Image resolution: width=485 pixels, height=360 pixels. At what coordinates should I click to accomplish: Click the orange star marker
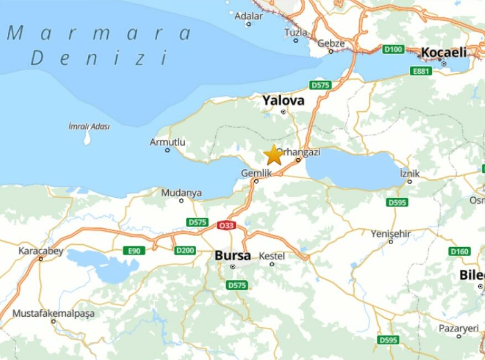[x=274, y=155]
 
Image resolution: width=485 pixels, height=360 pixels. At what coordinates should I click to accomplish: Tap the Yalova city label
[x=283, y=101]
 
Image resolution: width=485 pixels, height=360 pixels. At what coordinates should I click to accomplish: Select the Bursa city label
[x=233, y=256]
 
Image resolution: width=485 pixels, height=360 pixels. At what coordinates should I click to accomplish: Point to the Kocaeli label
[x=443, y=53]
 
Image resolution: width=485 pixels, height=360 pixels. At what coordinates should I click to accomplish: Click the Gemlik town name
[x=256, y=173]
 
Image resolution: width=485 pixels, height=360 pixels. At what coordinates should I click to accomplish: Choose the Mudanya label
[x=181, y=193]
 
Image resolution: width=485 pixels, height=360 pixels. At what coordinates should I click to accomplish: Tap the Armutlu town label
[x=167, y=142]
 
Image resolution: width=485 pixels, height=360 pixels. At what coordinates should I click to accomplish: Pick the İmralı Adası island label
[x=89, y=126]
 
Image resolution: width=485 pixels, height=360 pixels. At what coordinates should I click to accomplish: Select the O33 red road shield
[x=226, y=225]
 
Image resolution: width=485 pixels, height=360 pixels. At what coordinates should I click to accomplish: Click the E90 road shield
[x=134, y=251]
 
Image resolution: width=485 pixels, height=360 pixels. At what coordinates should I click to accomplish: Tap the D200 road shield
[x=185, y=251]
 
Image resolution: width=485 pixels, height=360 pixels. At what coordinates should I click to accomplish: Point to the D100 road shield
[x=393, y=49]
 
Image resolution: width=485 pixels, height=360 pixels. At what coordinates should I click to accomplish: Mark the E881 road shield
[x=421, y=71]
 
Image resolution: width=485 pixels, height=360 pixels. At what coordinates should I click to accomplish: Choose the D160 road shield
[x=459, y=251]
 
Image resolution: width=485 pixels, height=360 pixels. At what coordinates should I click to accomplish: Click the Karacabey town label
[x=41, y=251]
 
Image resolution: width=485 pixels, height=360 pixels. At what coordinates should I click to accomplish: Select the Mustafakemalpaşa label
[x=53, y=313]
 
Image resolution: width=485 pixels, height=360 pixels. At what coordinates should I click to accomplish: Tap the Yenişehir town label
[x=390, y=234]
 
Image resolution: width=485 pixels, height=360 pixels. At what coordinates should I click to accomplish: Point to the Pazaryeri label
[x=458, y=328]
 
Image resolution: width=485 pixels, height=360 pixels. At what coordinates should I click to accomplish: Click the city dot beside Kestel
[x=272, y=264]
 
